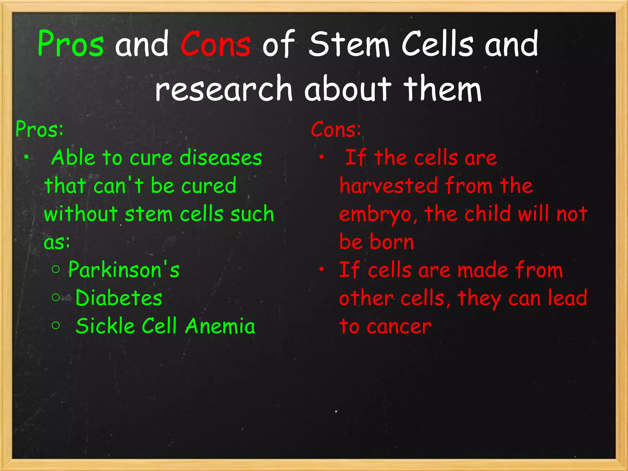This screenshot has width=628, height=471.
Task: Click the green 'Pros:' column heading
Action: coord(39,129)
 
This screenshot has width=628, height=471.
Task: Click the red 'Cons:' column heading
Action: coord(336,129)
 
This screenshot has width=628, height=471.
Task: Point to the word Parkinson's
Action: coord(124,270)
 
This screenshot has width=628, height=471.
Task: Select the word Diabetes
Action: coord(119,298)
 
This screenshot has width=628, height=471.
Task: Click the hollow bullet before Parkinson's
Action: coord(56,270)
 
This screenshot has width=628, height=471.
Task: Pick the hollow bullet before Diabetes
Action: coord(56,297)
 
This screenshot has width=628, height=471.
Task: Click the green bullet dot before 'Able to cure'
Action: coord(27,157)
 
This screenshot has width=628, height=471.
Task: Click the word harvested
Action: coord(389,186)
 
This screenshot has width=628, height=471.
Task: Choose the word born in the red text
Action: coord(392,242)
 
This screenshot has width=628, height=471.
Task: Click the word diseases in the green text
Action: coord(220,158)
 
